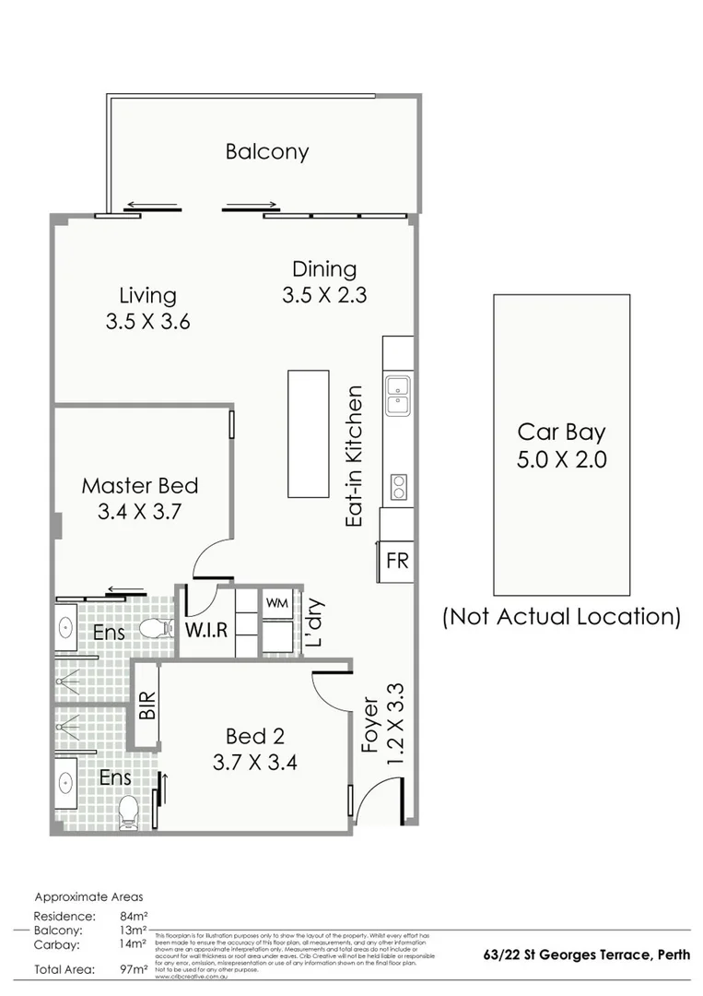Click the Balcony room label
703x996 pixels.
pyautogui.click(x=267, y=152)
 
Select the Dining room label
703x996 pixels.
pyautogui.click(x=324, y=269)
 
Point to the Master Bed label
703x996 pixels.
pyautogui.click(x=140, y=485)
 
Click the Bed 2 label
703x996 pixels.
pyautogui.click(x=254, y=736)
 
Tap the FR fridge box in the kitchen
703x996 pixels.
pyautogui.click(x=397, y=561)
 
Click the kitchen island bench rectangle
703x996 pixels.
pyautogui.click(x=308, y=433)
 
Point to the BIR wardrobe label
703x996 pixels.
pyautogui.click(x=146, y=705)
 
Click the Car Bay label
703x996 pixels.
pyautogui.click(x=561, y=432)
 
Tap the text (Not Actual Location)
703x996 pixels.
pyautogui.click(x=561, y=616)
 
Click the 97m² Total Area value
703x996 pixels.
pyautogui.click(x=135, y=968)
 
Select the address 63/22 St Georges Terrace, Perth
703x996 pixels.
pyautogui.click(x=587, y=954)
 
